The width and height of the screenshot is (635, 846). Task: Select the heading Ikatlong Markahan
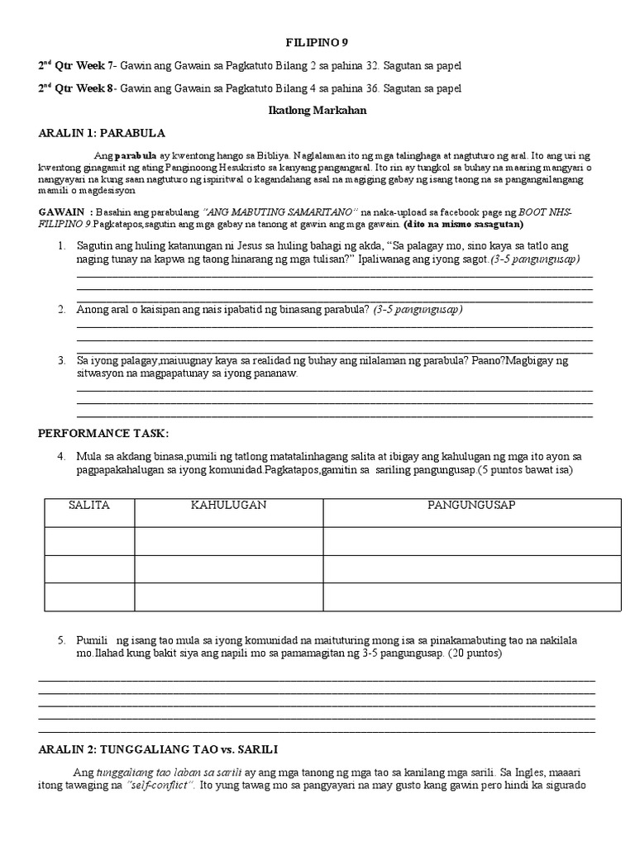317,110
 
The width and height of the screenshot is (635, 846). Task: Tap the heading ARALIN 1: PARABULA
102,132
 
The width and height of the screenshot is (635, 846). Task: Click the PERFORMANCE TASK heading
103,434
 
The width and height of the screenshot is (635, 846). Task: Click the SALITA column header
89,505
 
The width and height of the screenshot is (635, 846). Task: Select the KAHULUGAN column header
228,505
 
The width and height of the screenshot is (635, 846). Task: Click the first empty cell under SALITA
89,540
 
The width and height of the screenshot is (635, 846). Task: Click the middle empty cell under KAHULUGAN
228,568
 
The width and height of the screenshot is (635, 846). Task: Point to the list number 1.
62,246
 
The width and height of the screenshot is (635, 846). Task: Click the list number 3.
62,361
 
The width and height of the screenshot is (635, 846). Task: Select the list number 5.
62,641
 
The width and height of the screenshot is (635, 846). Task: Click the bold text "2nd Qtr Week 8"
77,88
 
